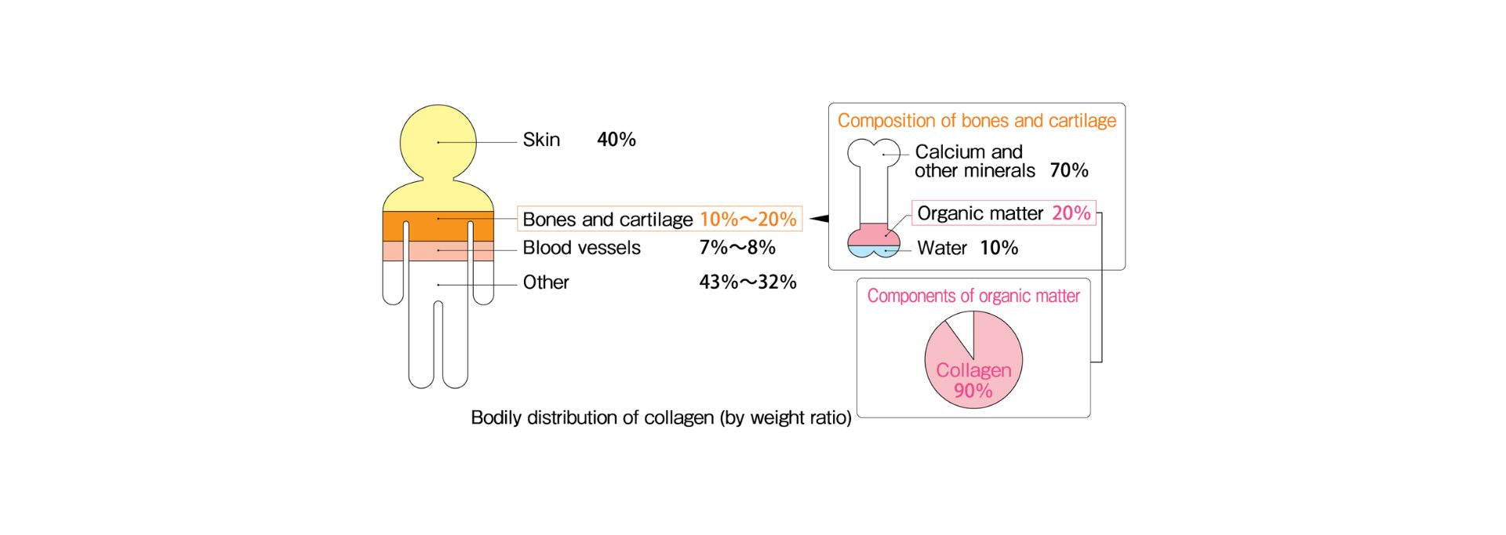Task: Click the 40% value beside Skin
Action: pyautogui.click(x=617, y=140)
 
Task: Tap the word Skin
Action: pyautogui.click(x=541, y=140)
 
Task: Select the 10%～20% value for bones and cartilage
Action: pyautogui.click(x=748, y=220)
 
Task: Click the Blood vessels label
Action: pyautogui.click(x=581, y=248)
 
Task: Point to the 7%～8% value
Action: pyautogui.click(x=737, y=248)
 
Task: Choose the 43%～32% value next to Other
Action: pyautogui.click(x=748, y=282)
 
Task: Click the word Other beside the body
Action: pyautogui.click(x=546, y=282)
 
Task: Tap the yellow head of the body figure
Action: pyautogui.click(x=438, y=142)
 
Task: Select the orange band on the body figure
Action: pyautogui.click(x=438, y=226)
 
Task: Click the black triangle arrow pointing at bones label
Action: pyautogui.click(x=819, y=219)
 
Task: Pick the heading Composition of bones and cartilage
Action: pyautogui.click(x=977, y=121)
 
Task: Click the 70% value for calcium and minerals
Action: pyautogui.click(x=1069, y=170)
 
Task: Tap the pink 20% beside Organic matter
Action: pyautogui.click(x=1071, y=213)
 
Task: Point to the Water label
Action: pyautogui.click(x=942, y=248)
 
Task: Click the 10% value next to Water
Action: pyautogui.click(x=999, y=248)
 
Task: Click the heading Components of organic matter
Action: pyautogui.click(x=973, y=296)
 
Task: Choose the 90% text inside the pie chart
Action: pyautogui.click(x=973, y=391)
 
